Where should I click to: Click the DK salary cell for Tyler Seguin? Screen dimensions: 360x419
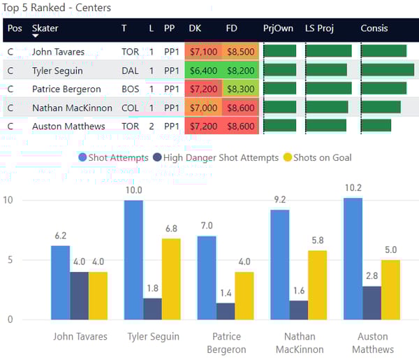(203, 71)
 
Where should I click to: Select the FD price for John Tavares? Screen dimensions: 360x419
(241, 52)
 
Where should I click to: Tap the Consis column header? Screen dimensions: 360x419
(374, 29)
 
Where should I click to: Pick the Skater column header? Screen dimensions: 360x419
(45, 29)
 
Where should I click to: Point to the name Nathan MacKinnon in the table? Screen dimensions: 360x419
(68, 108)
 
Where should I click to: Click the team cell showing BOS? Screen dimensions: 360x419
(130, 89)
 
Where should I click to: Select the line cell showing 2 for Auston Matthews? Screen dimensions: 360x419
(152, 127)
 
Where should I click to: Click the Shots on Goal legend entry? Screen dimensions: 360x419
(322, 158)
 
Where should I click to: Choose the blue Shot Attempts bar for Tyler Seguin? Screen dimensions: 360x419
(133, 260)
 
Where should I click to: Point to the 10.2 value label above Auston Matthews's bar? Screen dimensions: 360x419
(353, 187)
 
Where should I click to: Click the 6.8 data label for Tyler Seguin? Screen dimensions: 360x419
(171, 229)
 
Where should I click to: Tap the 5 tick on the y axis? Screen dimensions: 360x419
(8, 260)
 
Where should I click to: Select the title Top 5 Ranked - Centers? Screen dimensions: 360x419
(57, 8)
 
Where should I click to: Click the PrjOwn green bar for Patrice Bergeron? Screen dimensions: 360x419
(279, 89)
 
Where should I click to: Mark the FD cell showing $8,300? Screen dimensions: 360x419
(241, 89)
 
